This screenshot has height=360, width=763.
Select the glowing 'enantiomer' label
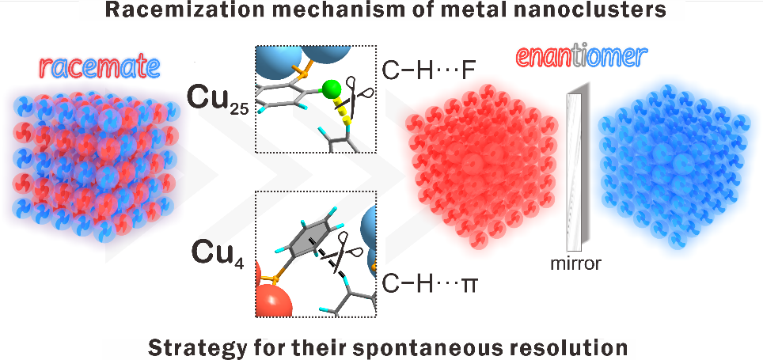pyautogui.click(x=581, y=57)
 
